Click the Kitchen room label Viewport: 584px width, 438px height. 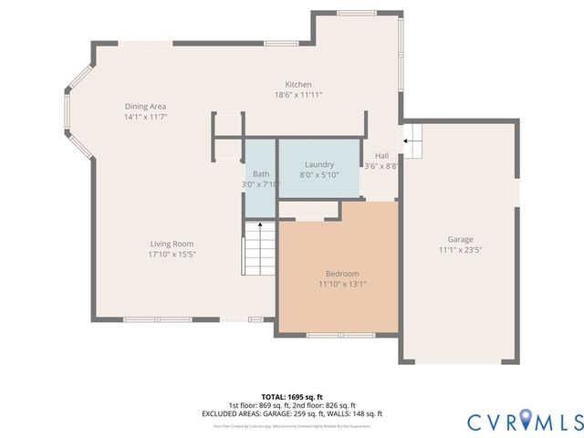[x=298, y=84]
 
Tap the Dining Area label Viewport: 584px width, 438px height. [x=146, y=107]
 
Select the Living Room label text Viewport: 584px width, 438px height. [x=172, y=244]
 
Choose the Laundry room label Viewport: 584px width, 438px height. [x=318, y=164]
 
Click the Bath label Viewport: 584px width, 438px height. [x=261, y=173]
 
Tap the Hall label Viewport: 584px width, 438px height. [x=381, y=156]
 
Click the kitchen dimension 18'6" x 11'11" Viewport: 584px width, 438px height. [x=298, y=95]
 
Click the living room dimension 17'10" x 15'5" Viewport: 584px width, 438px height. [x=172, y=255]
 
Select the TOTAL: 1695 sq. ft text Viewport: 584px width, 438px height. [x=292, y=397]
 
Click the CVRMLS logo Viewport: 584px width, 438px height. [x=525, y=421]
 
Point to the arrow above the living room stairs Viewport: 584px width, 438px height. [x=260, y=224]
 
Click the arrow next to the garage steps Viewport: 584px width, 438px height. [x=405, y=141]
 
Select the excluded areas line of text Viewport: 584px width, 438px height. [x=292, y=413]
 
